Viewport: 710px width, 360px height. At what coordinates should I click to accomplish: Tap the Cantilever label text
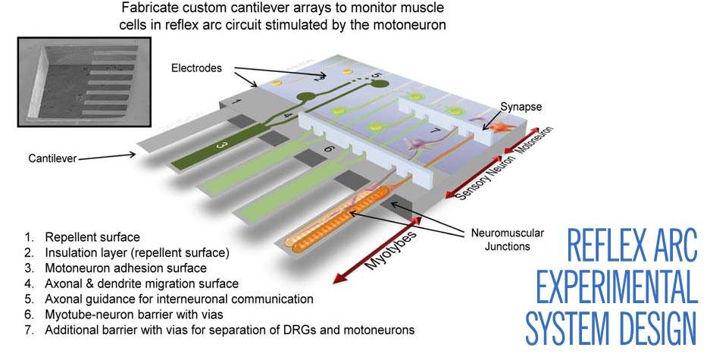click(54, 158)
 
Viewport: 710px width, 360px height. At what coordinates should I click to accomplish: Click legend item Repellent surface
click(92, 237)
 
